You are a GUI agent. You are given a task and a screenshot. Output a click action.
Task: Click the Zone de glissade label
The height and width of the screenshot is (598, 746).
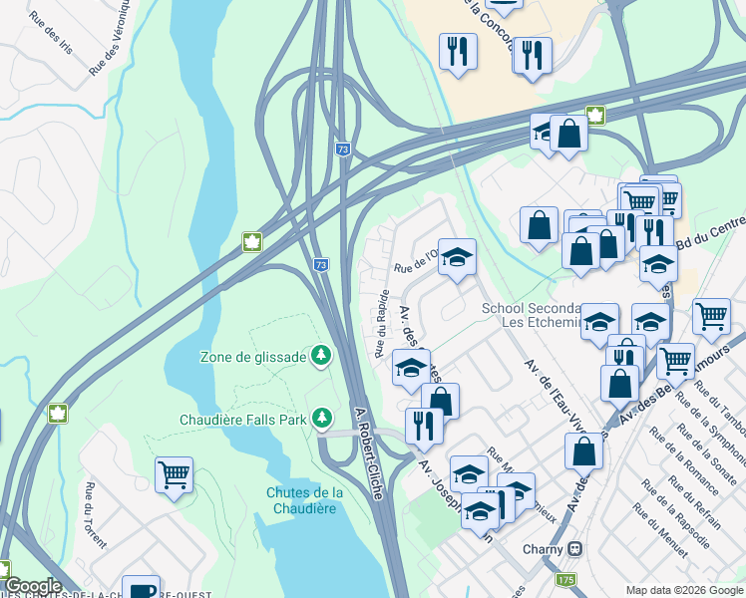click(x=253, y=356)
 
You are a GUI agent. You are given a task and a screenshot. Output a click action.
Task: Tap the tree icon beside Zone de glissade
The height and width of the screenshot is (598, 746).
click(x=321, y=355)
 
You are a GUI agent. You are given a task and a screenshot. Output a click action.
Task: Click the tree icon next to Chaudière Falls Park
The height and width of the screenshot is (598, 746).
click(x=321, y=418)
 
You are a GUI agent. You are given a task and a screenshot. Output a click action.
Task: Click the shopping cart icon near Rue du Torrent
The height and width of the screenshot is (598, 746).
click(x=174, y=475)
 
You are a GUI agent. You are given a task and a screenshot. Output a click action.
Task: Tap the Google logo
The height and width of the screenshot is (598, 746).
click(x=32, y=586)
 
